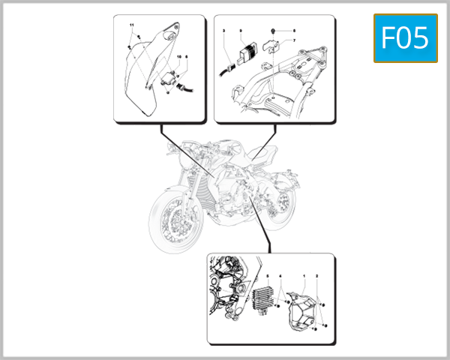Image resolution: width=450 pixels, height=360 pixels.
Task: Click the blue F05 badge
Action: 405,38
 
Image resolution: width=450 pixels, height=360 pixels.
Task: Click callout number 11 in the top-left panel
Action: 132,26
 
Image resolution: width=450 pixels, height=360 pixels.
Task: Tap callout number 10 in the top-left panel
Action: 179,57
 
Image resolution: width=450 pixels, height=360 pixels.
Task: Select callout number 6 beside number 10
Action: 187,57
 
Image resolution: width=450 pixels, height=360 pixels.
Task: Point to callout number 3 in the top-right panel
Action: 224,31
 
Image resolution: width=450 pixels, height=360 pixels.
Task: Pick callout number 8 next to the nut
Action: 294,31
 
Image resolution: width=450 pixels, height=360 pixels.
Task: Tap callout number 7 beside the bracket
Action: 294,40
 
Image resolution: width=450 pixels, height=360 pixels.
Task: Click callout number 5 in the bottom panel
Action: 267,277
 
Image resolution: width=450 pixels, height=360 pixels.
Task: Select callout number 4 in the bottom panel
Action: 280,277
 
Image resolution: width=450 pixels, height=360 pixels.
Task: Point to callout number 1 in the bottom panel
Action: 304,277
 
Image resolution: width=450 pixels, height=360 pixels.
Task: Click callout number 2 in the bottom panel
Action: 317,277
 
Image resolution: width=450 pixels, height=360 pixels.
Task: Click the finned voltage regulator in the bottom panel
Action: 264,300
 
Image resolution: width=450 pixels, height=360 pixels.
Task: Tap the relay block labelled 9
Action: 244,52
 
